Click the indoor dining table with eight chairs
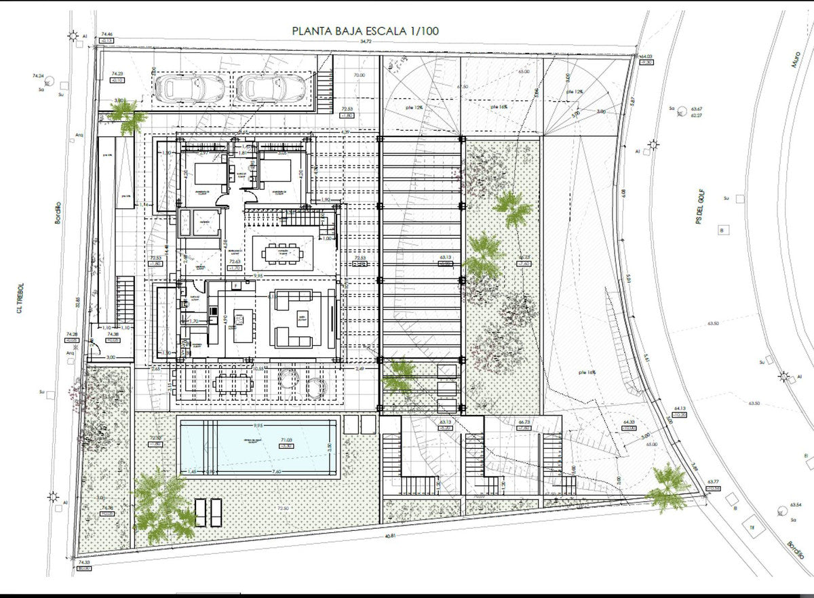click(x=284, y=254)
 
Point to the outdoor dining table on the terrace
click(x=232, y=384)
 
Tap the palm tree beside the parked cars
click(x=128, y=117)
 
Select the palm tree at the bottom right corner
click(x=668, y=487)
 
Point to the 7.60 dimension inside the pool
click(x=277, y=472)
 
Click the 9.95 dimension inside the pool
click(x=256, y=425)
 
